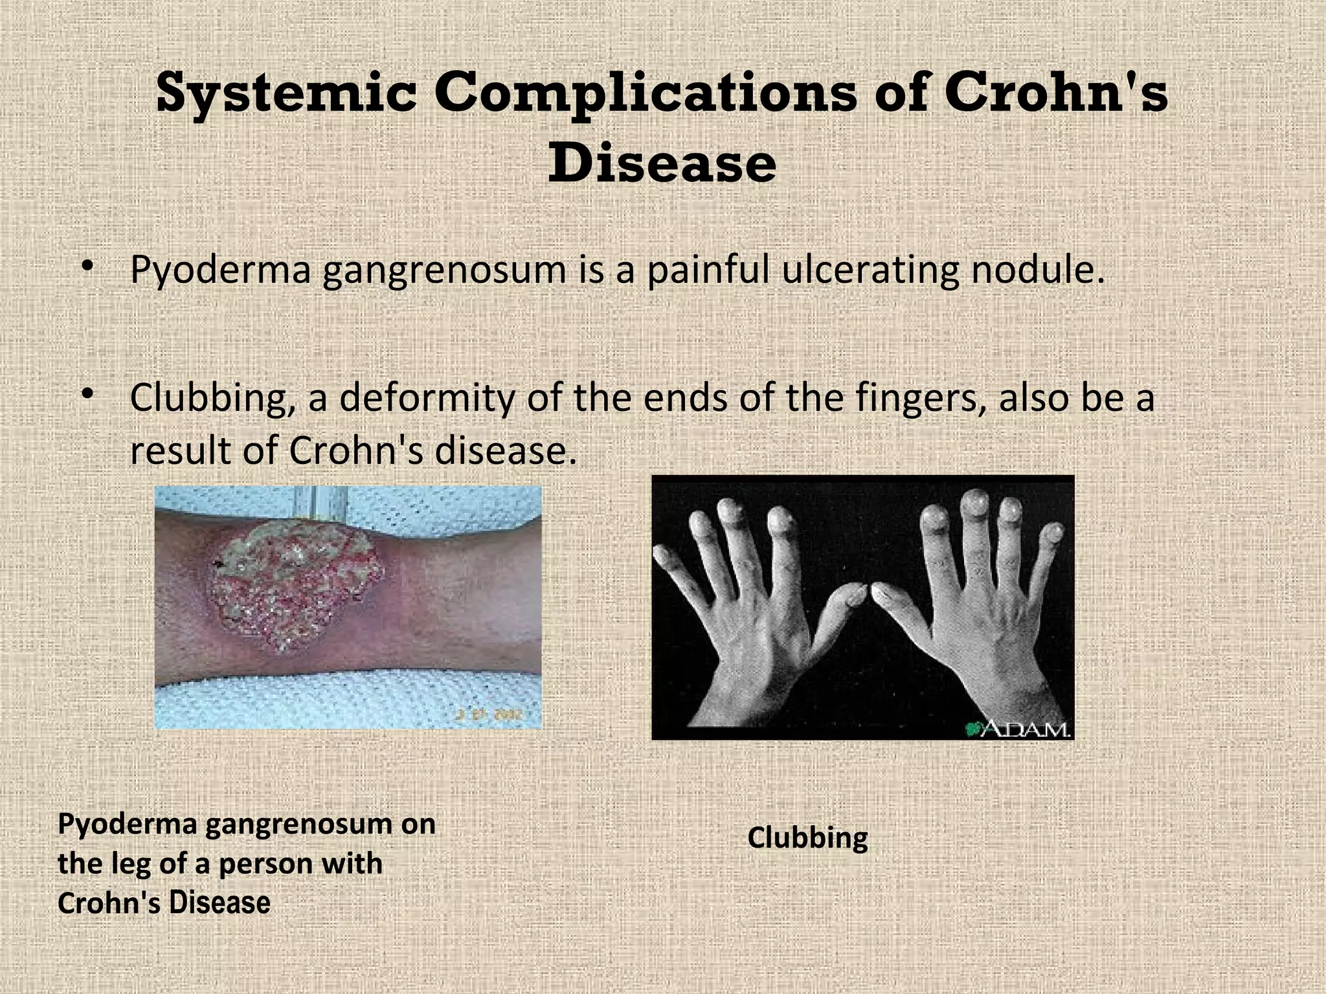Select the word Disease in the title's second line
coord(662,163)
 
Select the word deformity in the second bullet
coord(427,397)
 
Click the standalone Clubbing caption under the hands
coord(807,838)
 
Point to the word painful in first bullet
coord(708,271)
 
